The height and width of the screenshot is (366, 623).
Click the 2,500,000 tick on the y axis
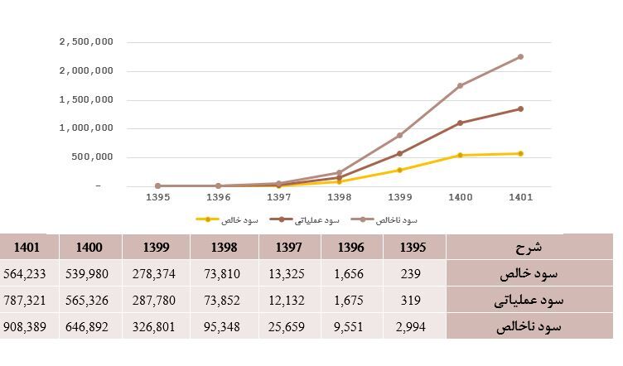pyautogui.click(x=86, y=41)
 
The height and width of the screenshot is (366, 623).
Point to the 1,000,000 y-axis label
pyautogui.click(x=86, y=128)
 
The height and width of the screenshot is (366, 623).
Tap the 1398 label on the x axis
pyautogui.click(x=339, y=198)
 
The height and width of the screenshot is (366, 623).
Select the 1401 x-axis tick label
pyautogui.click(x=520, y=198)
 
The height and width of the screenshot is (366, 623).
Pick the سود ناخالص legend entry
pyautogui.click(x=385, y=219)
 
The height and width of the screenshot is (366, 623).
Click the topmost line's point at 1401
pyautogui.click(x=520, y=56)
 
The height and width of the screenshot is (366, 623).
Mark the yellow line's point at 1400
pyautogui.click(x=460, y=155)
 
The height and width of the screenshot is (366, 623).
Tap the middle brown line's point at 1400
pyautogui.click(x=460, y=123)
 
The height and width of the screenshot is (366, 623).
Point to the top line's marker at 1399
pyautogui.click(x=399, y=135)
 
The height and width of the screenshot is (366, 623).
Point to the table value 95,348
pyautogui.click(x=223, y=327)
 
